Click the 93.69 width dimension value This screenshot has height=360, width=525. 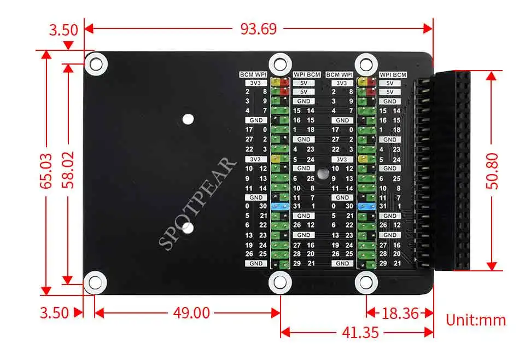click(259, 28)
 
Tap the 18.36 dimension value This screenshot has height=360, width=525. click(400, 313)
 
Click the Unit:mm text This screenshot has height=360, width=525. click(476, 320)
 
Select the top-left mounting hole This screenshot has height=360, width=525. click(95, 63)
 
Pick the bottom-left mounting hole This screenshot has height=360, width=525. click(95, 282)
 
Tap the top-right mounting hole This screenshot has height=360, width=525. click(366, 63)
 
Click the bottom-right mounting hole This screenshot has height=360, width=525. click(366, 282)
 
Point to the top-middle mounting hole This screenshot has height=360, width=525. click(279, 63)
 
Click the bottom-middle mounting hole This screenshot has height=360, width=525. click(279, 282)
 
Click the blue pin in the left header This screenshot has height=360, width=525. click(279, 207)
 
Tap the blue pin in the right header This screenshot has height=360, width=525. click(366, 206)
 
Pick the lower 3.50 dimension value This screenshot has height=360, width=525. click(55, 313)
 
